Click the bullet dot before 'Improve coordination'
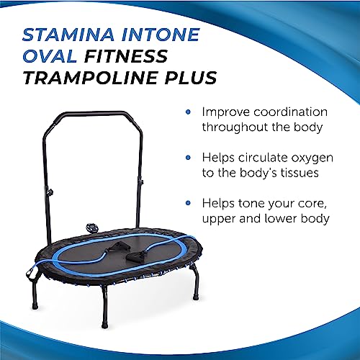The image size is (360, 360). click(x=188, y=113)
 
